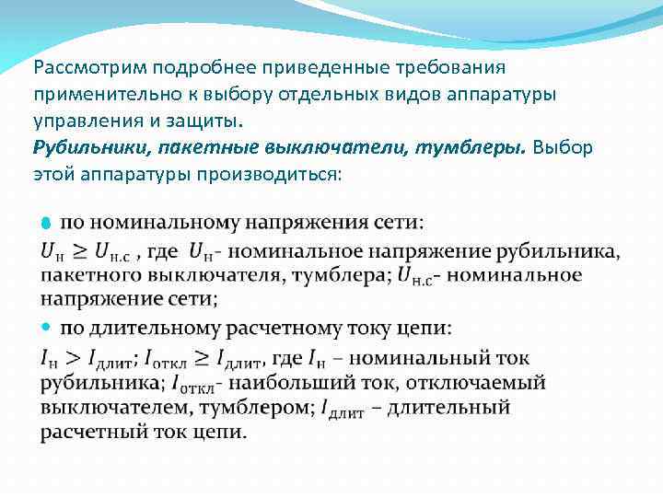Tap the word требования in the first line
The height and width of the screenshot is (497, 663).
(446, 69)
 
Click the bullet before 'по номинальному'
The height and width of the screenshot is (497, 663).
(47, 225)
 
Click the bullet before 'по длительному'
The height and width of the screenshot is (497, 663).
(47, 328)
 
